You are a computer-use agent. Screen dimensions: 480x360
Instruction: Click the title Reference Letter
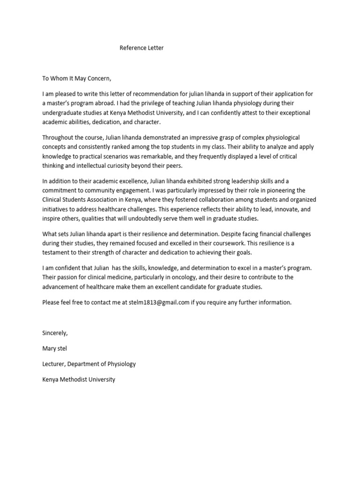142,48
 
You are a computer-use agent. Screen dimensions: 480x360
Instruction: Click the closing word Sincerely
55,333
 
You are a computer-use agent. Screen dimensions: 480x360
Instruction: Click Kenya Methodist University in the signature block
78,379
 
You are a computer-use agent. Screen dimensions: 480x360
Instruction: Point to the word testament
57,252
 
